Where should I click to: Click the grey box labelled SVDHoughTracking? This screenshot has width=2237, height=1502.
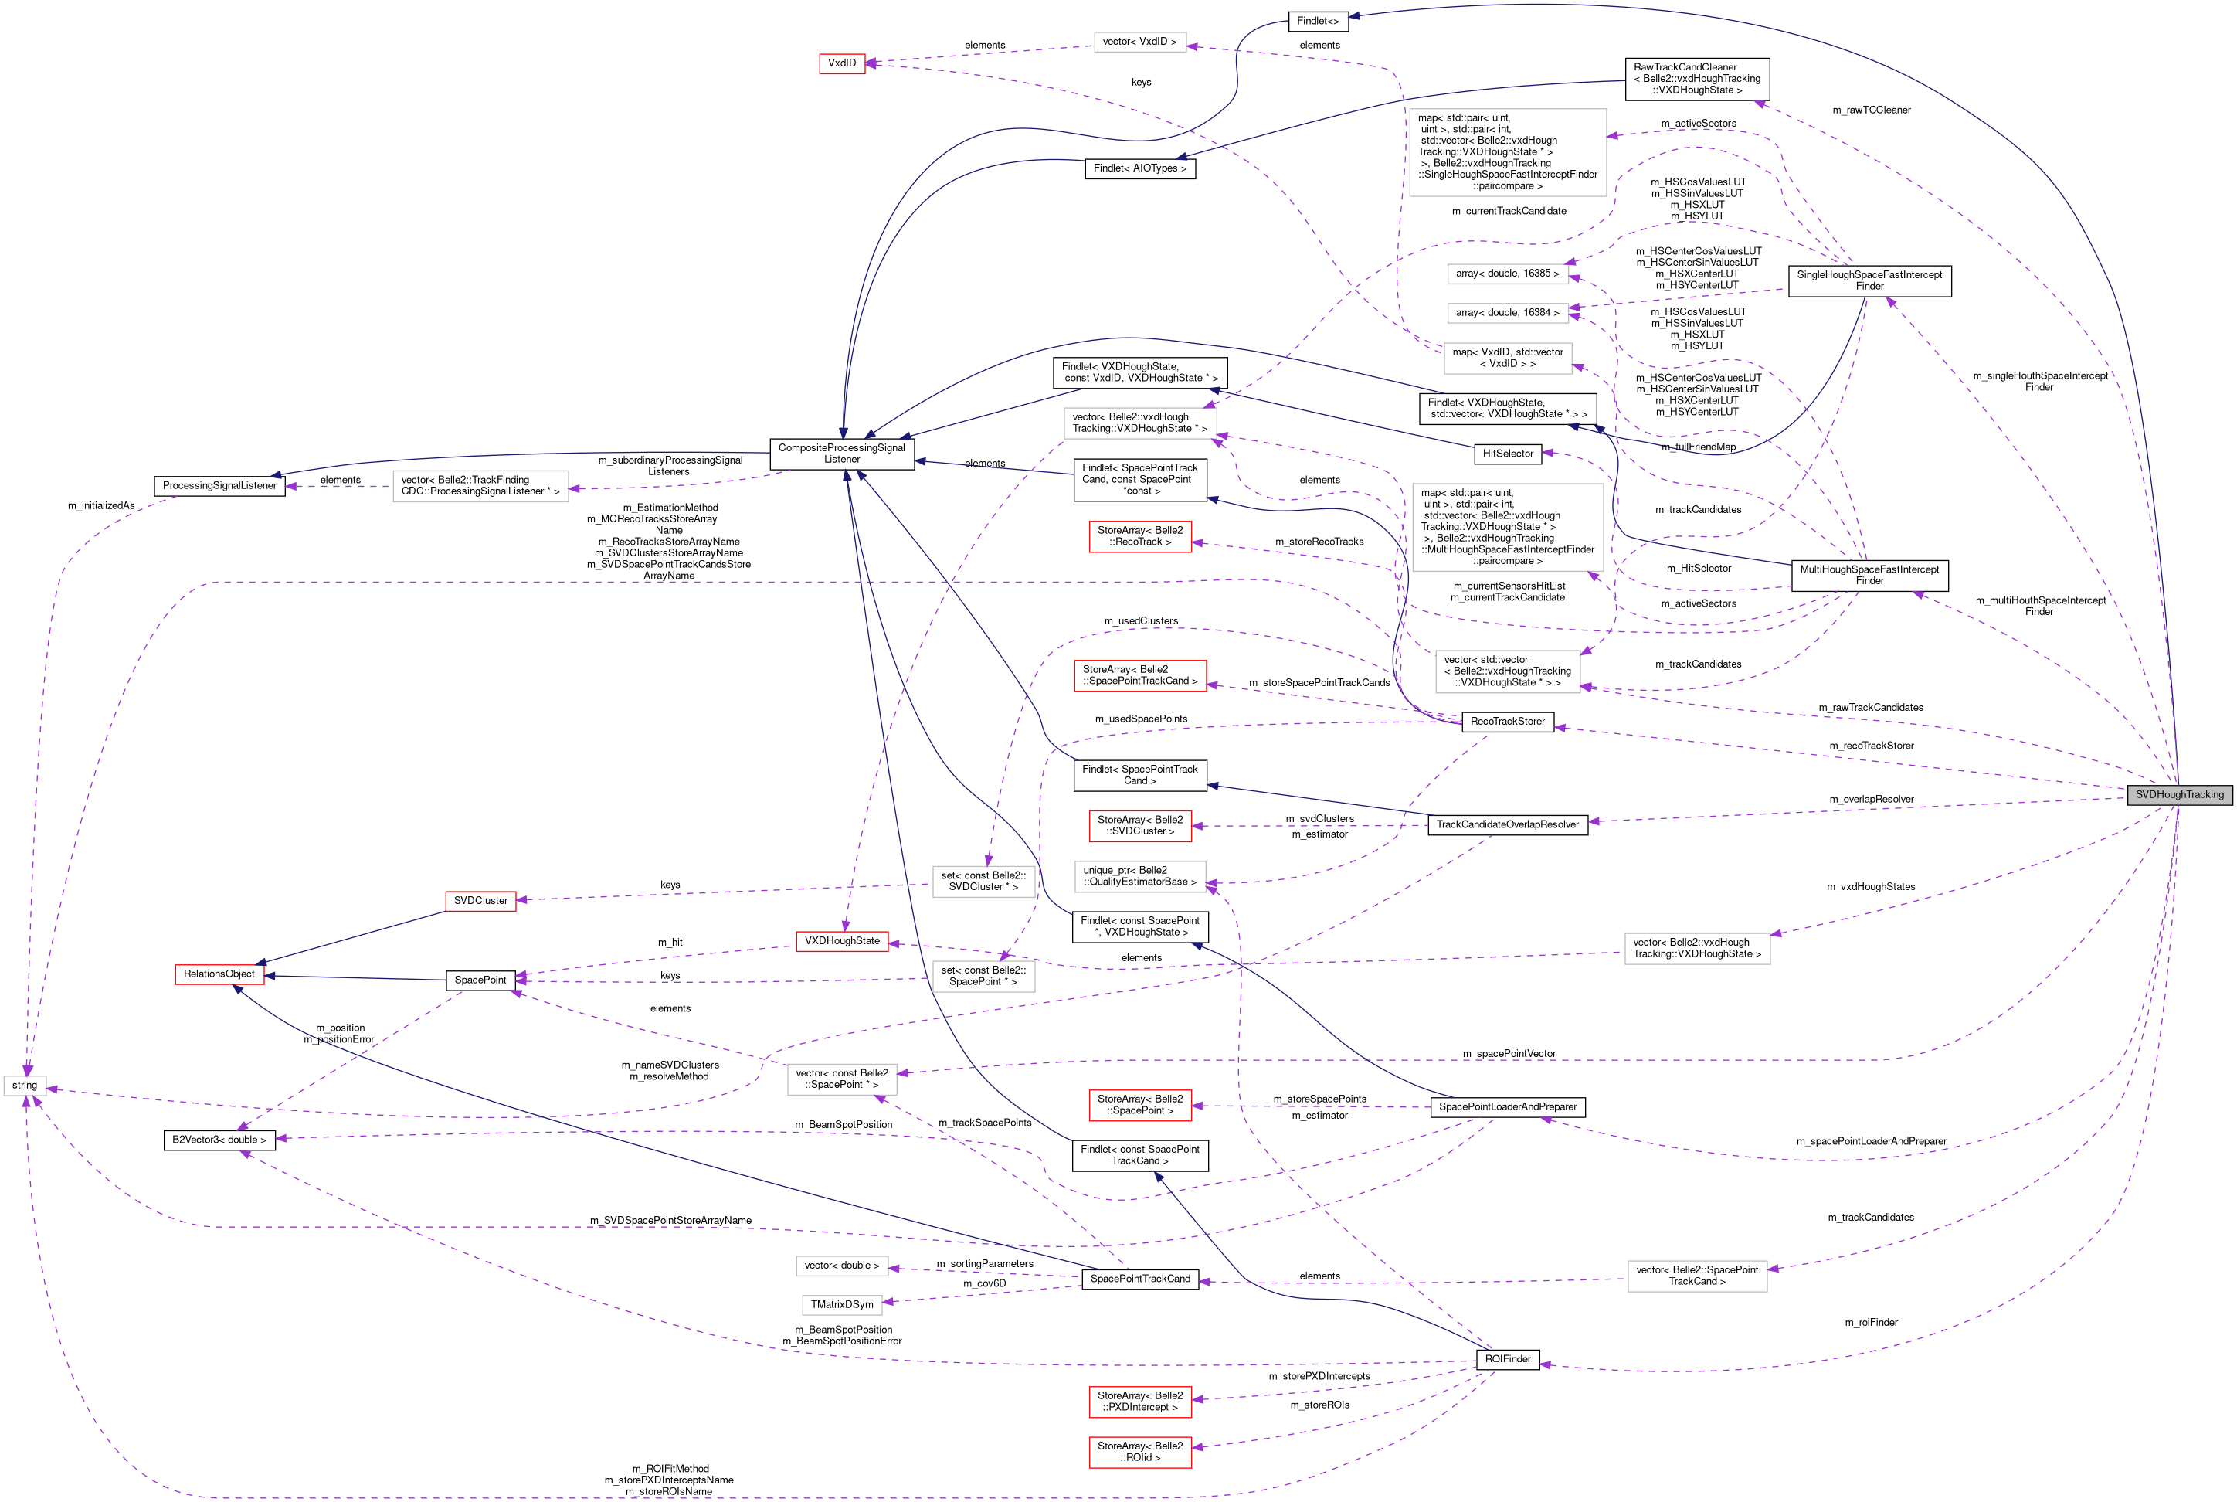click(x=2180, y=794)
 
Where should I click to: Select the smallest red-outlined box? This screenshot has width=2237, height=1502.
click(x=842, y=63)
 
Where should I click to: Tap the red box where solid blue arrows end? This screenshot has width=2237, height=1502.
click(x=219, y=974)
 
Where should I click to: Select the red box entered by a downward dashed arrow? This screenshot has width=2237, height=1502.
click(x=842, y=942)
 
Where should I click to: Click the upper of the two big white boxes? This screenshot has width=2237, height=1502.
click(x=1507, y=152)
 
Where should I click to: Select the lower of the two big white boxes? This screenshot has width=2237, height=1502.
click(x=1507, y=527)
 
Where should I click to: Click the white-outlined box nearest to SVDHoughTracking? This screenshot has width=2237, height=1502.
click(x=1697, y=948)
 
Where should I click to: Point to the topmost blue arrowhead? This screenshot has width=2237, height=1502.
click(x=1354, y=15)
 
